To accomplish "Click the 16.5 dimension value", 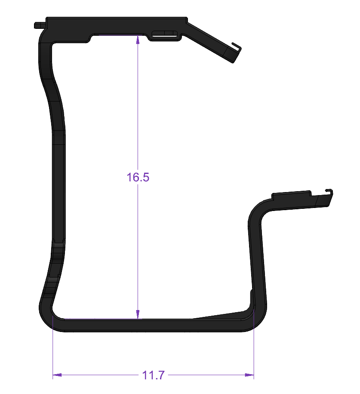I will tap(138, 177).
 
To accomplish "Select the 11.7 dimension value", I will tap(153, 375).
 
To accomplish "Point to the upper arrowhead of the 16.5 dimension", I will tap(138, 40).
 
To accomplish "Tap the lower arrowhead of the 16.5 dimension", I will tap(138, 314).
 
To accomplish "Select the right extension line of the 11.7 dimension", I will tap(254, 344).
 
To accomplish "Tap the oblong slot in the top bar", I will tap(164, 33).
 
